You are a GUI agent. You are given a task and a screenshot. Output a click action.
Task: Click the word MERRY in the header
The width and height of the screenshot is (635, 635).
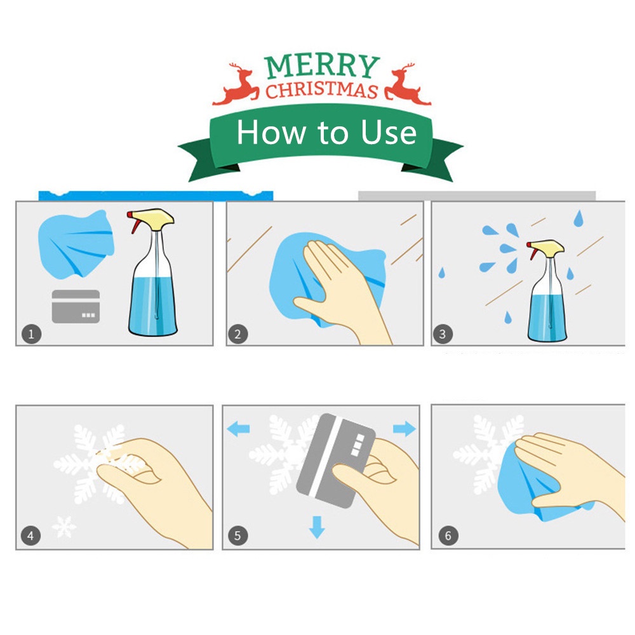[x=322, y=66]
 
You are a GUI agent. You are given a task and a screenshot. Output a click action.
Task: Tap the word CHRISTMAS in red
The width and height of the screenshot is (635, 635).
[x=322, y=90]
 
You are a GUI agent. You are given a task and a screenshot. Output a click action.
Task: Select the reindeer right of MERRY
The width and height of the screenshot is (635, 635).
[x=406, y=84]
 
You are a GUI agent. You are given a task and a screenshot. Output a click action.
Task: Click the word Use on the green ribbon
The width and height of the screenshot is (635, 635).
[x=389, y=133]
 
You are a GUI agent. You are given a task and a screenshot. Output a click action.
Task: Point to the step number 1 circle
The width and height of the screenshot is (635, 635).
[x=31, y=334]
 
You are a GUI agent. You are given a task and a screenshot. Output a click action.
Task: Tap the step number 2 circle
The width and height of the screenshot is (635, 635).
[x=238, y=334]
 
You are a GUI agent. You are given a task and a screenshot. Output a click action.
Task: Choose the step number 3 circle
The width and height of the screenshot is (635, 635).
[x=443, y=334]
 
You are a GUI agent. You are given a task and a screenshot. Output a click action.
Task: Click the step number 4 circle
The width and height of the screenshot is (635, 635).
[x=30, y=535]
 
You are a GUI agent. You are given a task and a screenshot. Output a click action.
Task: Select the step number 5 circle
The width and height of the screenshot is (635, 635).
[x=237, y=535]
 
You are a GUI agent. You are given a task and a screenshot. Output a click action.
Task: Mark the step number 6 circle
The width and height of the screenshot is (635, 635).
[x=448, y=535]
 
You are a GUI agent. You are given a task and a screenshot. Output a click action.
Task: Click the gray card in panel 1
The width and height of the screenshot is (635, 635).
[x=76, y=306]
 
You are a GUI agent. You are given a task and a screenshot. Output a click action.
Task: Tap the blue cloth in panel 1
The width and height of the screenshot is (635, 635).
[x=76, y=244]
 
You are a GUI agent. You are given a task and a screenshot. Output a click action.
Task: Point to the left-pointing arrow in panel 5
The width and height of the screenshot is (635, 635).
[x=238, y=429]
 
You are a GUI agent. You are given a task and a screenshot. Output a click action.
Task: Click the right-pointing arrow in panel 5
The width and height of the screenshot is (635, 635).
[x=404, y=429]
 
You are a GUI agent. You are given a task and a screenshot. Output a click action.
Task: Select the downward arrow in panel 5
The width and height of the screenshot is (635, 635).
[x=317, y=527]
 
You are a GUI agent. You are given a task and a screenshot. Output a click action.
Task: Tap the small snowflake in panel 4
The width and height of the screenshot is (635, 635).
[x=64, y=527]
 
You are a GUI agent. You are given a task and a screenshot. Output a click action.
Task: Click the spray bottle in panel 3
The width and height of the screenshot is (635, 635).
[x=547, y=291]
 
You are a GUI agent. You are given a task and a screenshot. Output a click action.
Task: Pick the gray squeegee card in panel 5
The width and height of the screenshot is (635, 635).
[x=336, y=460]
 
